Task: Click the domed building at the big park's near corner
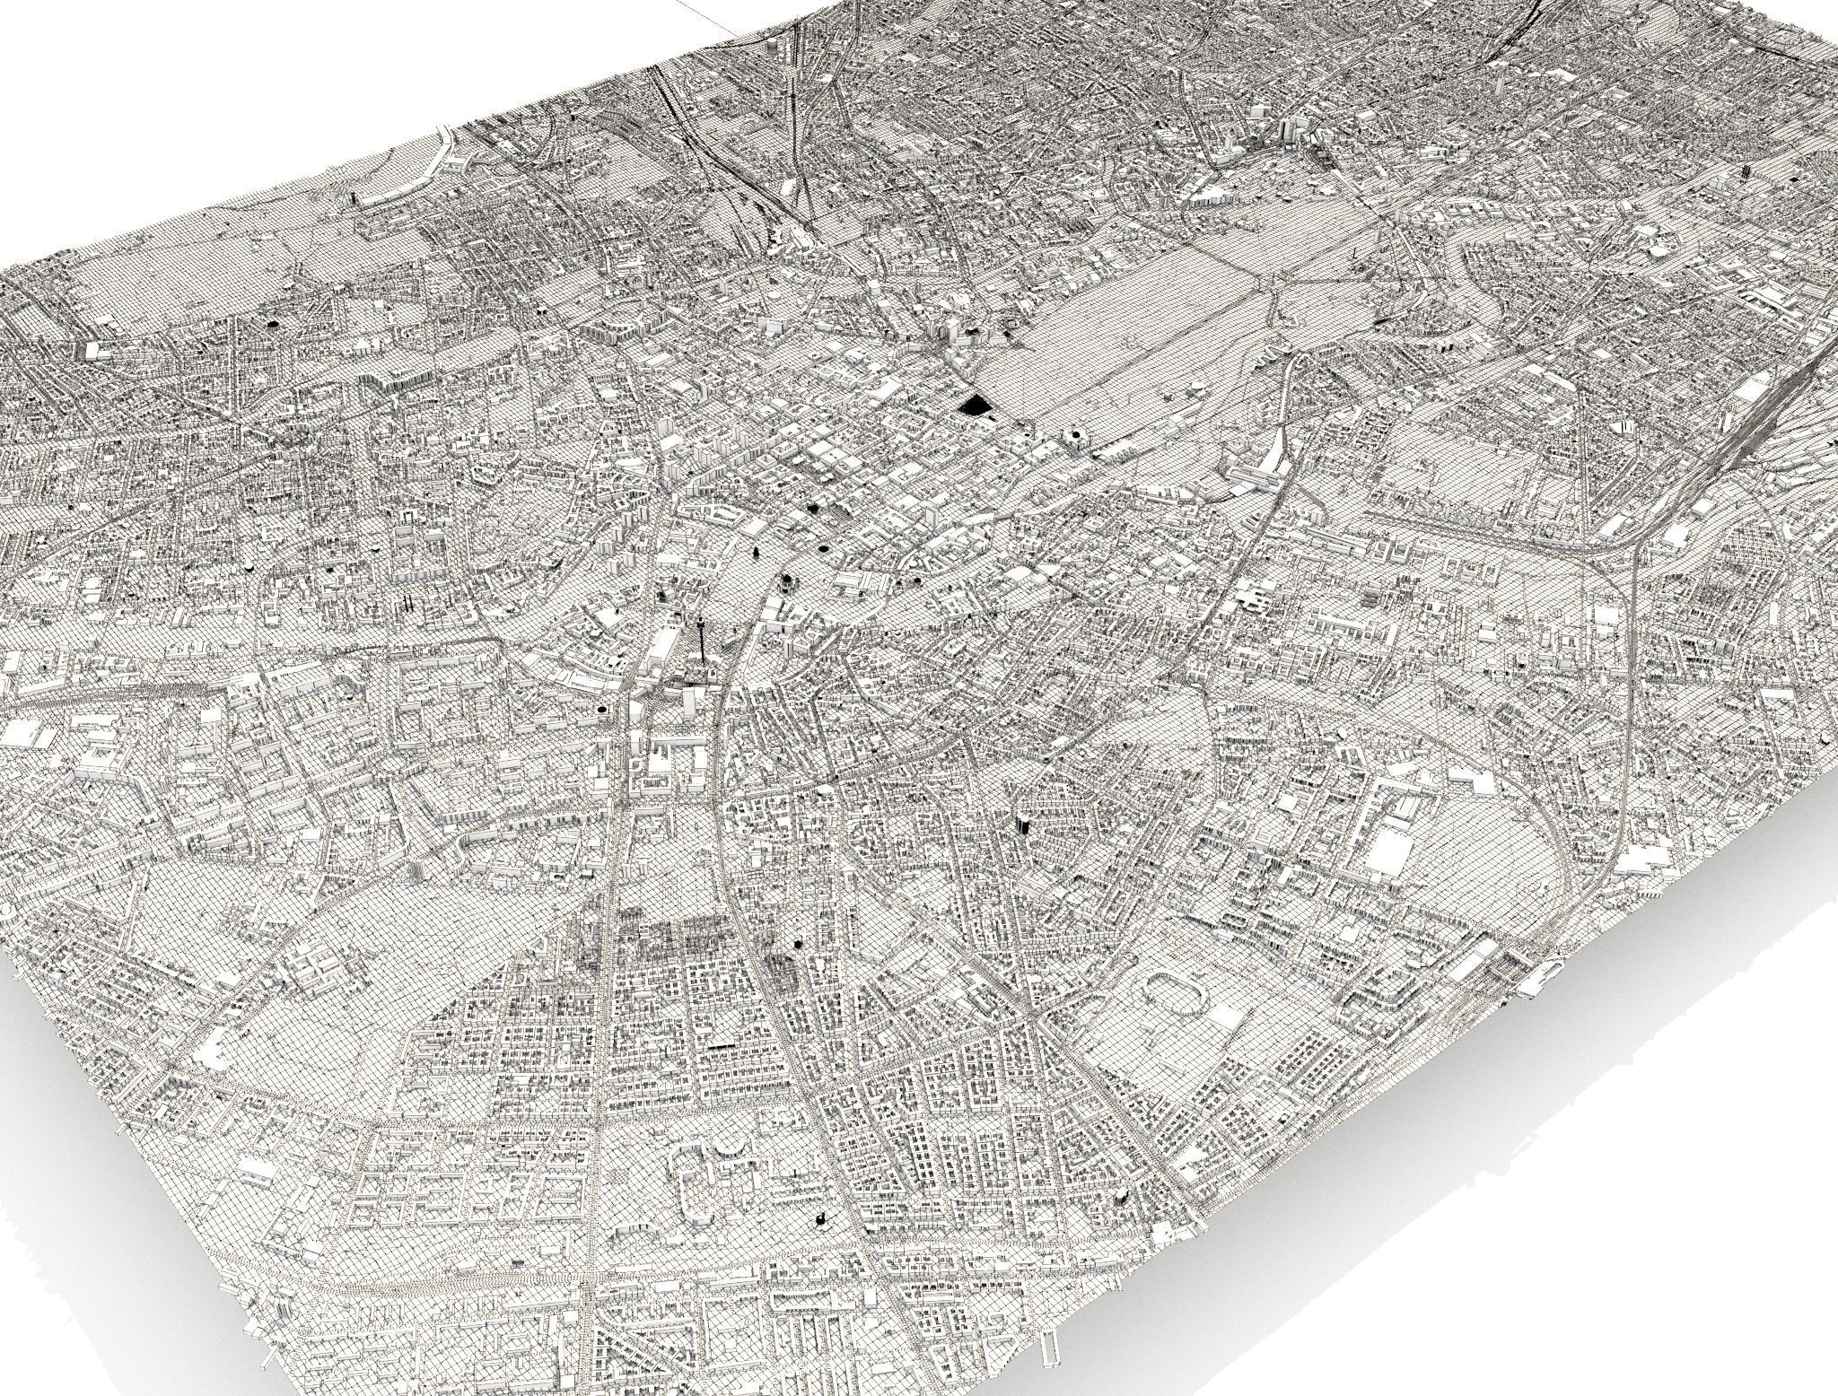click(1074, 438)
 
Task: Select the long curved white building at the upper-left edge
click(437, 161)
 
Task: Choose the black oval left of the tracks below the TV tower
click(599, 710)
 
